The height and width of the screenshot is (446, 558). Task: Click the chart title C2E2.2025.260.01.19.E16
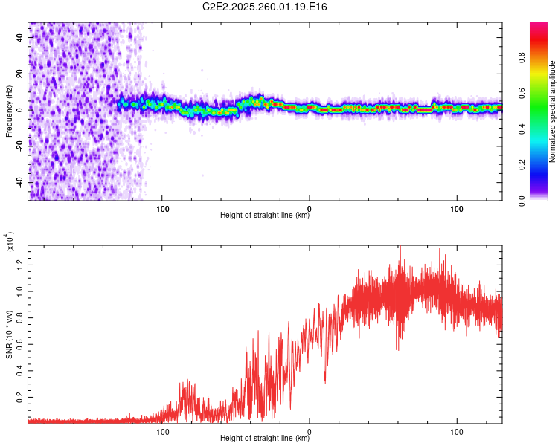pyautogui.click(x=265, y=7)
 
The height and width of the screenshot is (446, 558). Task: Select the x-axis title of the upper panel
pyautogui.click(x=265, y=216)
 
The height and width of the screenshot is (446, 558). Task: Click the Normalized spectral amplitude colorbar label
pyautogui.click(x=553, y=111)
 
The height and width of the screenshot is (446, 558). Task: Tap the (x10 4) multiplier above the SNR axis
pyautogui.click(x=10, y=242)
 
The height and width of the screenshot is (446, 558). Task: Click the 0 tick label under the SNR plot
pyautogui.click(x=310, y=430)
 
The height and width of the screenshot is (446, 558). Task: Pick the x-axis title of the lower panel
pyautogui.click(x=265, y=439)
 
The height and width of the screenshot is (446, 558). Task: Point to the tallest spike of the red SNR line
pyautogui.click(x=400, y=247)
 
